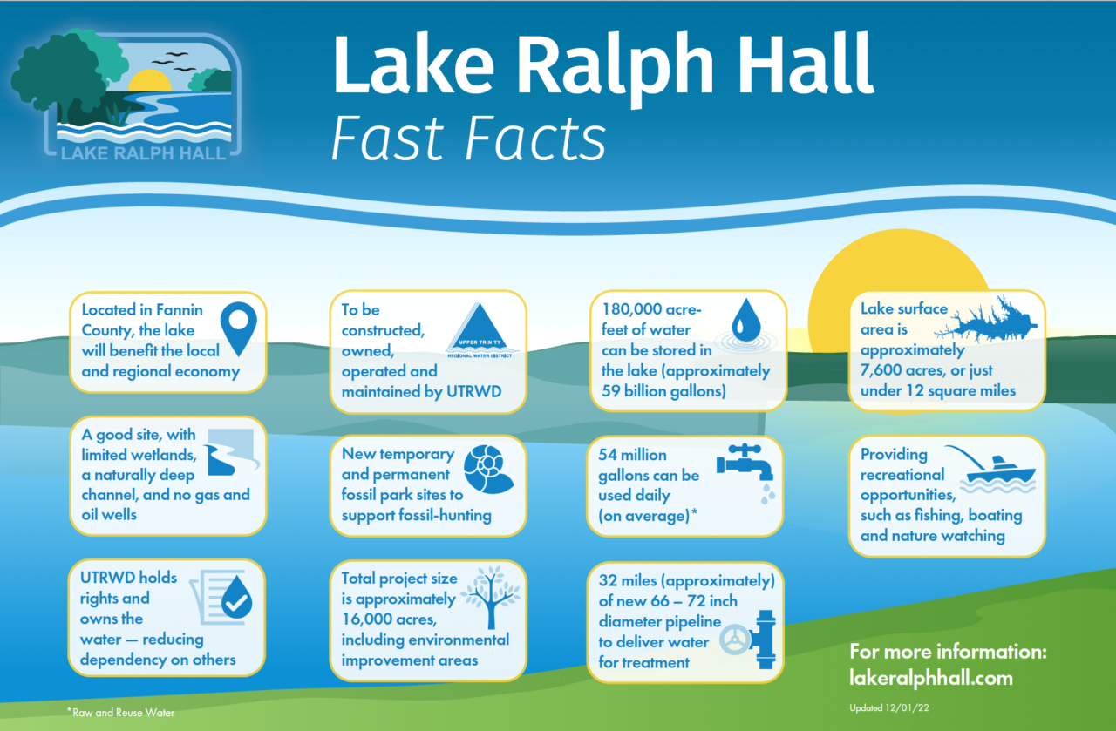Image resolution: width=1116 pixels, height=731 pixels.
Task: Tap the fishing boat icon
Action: click(997, 471)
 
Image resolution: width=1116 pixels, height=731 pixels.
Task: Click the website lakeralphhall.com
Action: click(930, 677)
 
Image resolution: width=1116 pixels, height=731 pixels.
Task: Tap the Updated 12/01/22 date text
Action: click(885, 707)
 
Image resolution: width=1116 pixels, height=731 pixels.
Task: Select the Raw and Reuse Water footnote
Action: click(121, 712)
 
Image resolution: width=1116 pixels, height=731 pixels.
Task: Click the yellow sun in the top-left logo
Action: click(149, 83)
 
